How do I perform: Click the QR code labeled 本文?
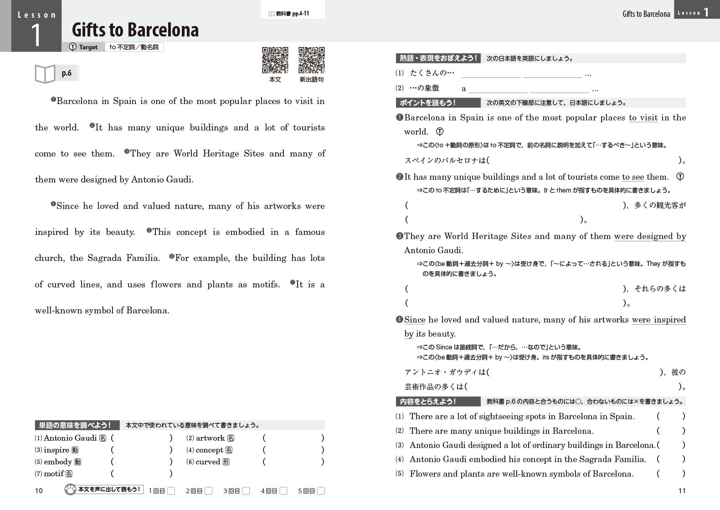click(275, 60)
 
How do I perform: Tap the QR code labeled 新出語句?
click(311, 60)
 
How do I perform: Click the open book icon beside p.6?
click(45, 73)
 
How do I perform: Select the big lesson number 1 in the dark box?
click(36, 35)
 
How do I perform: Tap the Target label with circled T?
click(84, 47)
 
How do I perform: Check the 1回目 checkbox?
click(171, 491)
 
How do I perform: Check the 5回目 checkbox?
click(321, 491)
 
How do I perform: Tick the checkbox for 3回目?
click(246, 491)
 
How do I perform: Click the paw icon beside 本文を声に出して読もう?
click(70, 490)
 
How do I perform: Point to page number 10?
click(39, 491)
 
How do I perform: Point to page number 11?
click(682, 491)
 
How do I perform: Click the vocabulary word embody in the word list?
click(58, 462)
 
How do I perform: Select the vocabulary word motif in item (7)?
click(54, 474)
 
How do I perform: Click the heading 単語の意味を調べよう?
click(75, 425)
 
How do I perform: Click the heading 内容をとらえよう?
click(428, 401)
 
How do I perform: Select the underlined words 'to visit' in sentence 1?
click(643, 118)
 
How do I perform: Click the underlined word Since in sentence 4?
click(415, 320)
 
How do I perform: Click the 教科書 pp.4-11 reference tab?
click(293, 14)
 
